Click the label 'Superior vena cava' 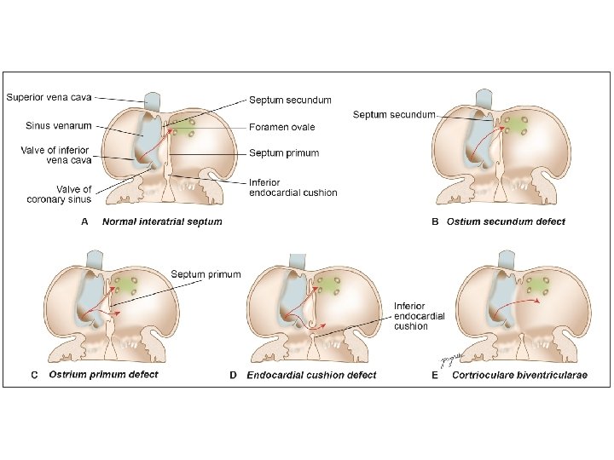[x=49, y=96]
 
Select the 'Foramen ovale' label [x=281, y=127]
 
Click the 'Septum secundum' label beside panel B [x=394, y=114]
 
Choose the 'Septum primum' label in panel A [x=284, y=153]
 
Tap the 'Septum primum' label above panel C [x=206, y=274]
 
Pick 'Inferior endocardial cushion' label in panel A [x=293, y=187]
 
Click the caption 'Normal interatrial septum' [x=162, y=221]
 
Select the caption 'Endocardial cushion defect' [x=311, y=375]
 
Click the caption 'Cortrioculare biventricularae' [x=519, y=375]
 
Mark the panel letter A [x=84, y=221]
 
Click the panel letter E [x=435, y=375]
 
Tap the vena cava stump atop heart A [x=153, y=101]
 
